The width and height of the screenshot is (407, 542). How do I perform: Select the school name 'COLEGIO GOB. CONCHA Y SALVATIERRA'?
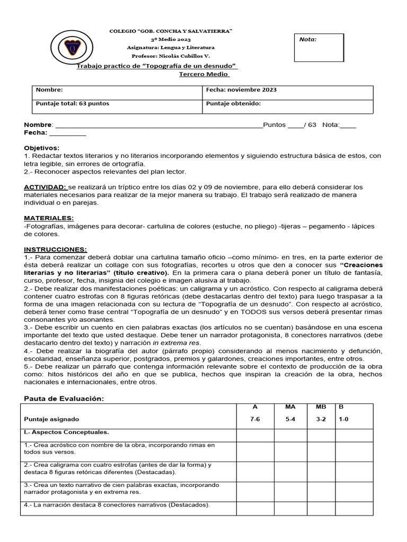point(170,32)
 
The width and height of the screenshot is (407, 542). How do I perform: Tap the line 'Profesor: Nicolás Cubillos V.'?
point(170,56)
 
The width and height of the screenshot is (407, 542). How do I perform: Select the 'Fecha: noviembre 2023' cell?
point(241,90)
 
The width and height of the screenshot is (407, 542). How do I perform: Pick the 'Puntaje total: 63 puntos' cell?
point(72,104)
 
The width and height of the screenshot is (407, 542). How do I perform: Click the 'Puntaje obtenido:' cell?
point(233,104)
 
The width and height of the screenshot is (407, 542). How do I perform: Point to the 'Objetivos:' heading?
point(42,148)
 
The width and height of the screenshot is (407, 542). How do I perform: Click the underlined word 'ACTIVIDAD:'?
point(45,187)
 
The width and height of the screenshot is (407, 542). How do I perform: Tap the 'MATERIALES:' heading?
point(49,218)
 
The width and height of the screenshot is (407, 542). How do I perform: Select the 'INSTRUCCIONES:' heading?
point(55,249)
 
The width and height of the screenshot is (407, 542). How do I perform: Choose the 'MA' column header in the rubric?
point(290,407)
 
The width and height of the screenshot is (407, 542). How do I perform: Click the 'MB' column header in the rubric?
point(321,407)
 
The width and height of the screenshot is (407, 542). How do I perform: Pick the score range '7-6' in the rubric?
point(255,419)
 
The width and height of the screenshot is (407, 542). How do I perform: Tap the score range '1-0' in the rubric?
point(343,419)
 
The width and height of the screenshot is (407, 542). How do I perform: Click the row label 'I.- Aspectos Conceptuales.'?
point(66,432)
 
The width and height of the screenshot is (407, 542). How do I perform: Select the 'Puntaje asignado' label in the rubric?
point(51,419)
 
